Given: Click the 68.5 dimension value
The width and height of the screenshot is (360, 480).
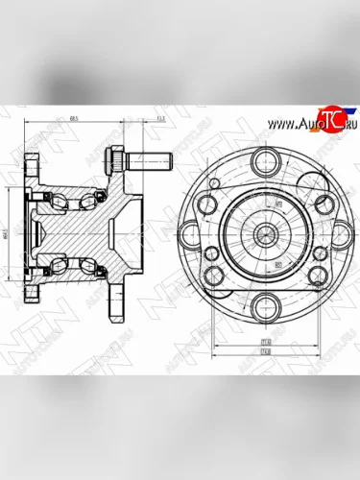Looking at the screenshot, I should [74, 119].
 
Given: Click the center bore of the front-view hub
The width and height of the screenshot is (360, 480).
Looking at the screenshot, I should [260, 233].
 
